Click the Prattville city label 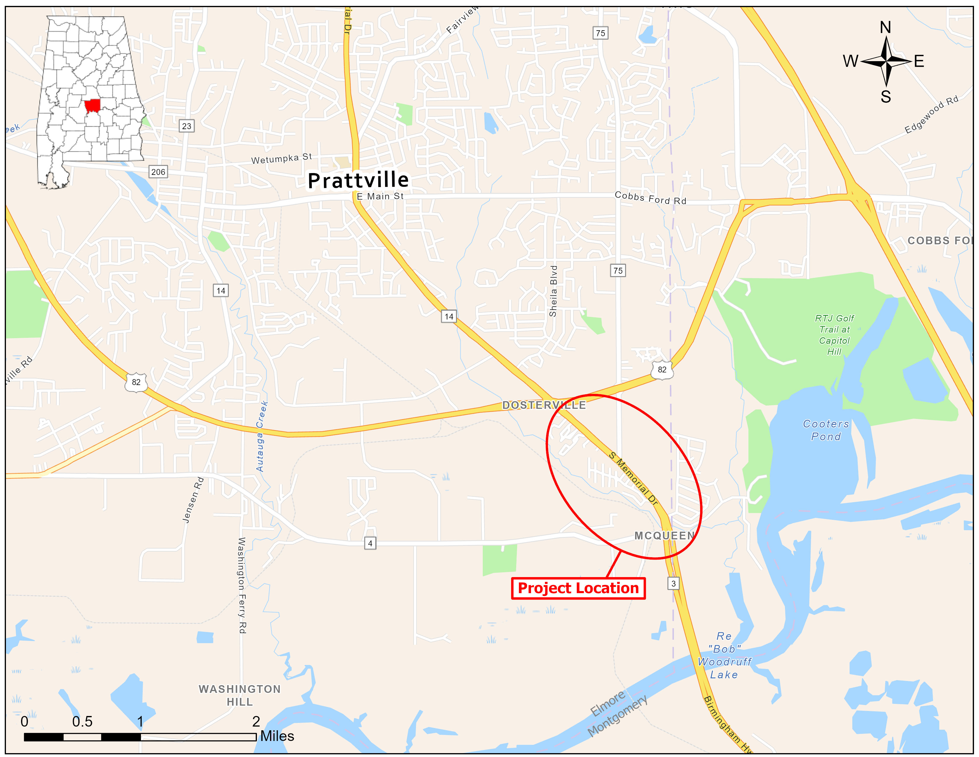click(358, 180)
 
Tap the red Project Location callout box click(578, 588)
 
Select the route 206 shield click(158, 172)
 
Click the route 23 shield click(187, 126)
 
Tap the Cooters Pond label click(826, 430)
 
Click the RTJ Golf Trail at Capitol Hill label click(834, 335)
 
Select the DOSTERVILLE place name click(544, 405)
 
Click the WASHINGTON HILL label click(240, 695)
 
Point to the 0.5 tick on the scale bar click(82, 722)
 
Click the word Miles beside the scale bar click(277, 736)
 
